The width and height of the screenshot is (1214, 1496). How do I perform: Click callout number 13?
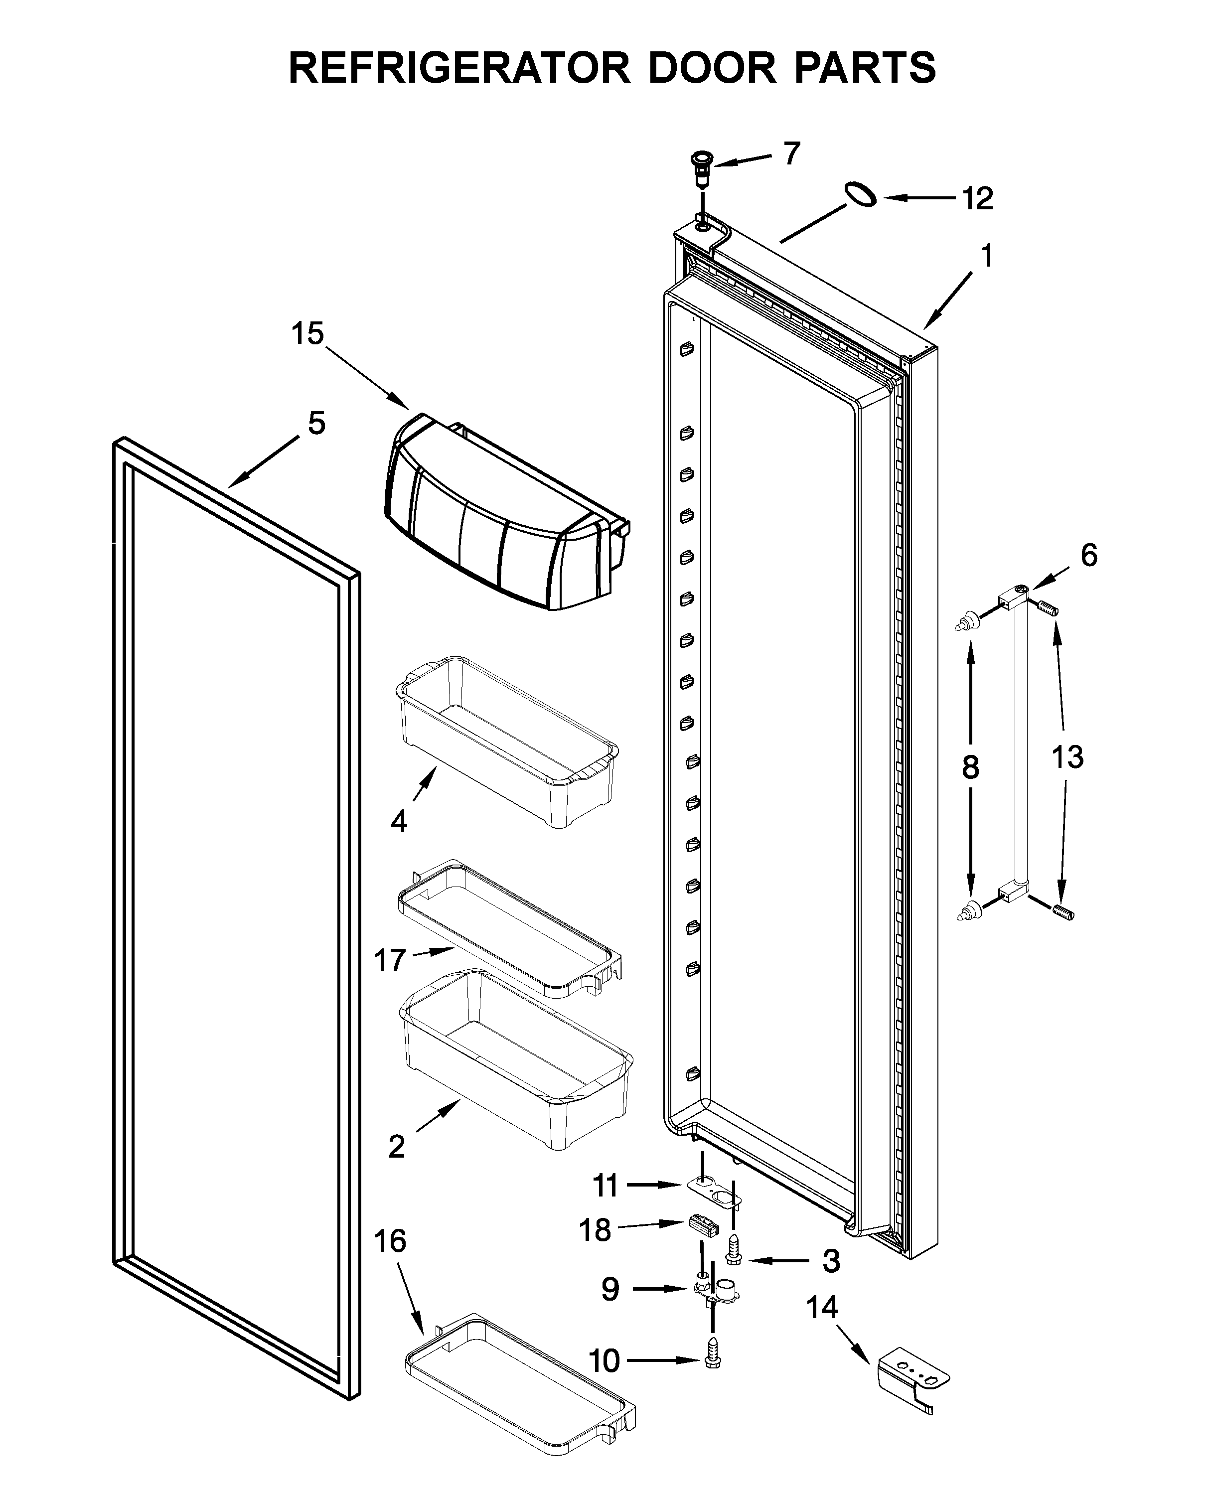(x=1067, y=757)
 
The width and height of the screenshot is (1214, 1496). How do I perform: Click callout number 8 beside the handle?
(x=970, y=768)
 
